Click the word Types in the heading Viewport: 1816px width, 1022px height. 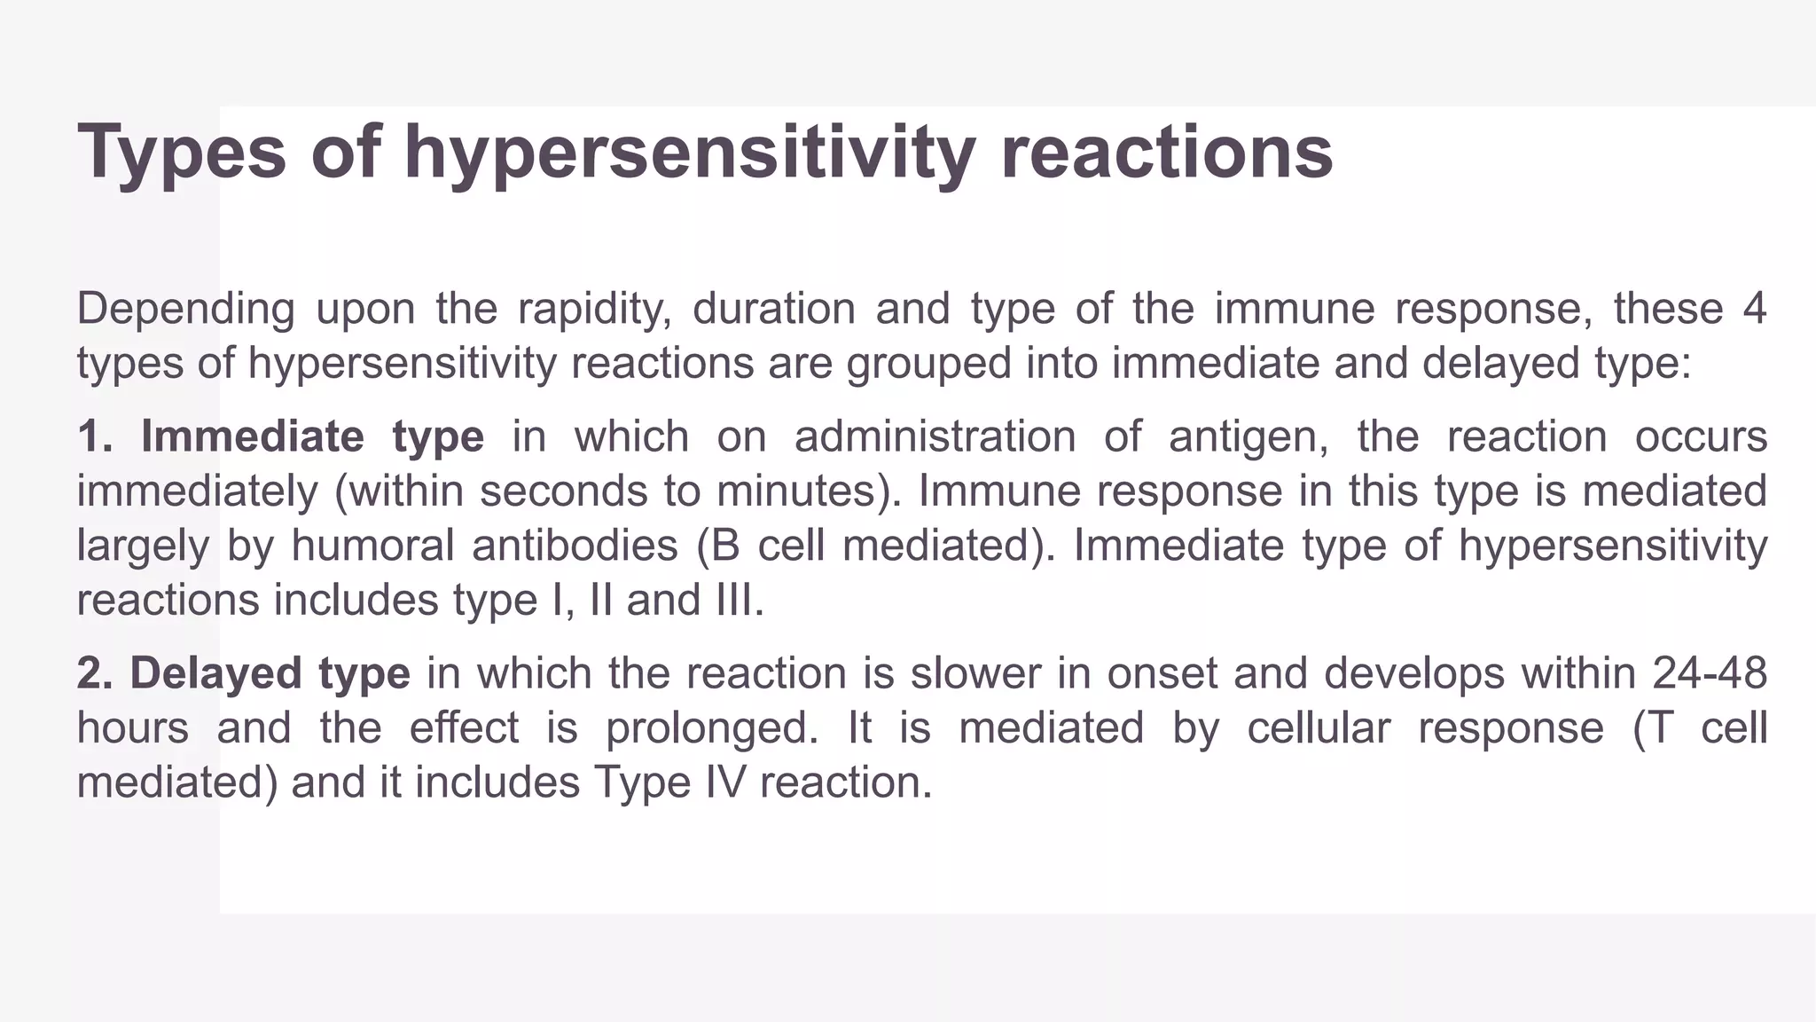click(x=182, y=153)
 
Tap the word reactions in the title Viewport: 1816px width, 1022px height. click(x=1166, y=153)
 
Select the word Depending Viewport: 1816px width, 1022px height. click(x=185, y=310)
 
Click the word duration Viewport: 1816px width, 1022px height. click(x=773, y=310)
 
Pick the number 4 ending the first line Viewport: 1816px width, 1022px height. click(x=1754, y=310)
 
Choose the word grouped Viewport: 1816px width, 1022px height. click(x=928, y=364)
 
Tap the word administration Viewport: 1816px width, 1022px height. click(x=935, y=437)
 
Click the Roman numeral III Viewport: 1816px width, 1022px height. click(x=736, y=601)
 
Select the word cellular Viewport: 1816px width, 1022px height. click(x=1318, y=729)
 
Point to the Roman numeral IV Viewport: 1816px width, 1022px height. click(x=721, y=783)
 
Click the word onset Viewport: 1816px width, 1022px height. click(x=1162, y=674)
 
